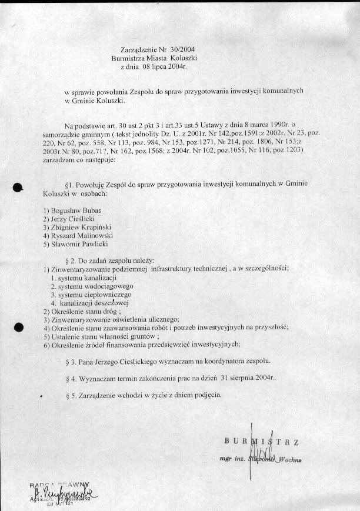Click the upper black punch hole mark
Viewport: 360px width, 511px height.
(18, 187)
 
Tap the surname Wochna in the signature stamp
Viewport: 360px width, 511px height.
(289, 460)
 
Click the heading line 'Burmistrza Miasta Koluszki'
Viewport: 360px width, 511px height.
(154, 58)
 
